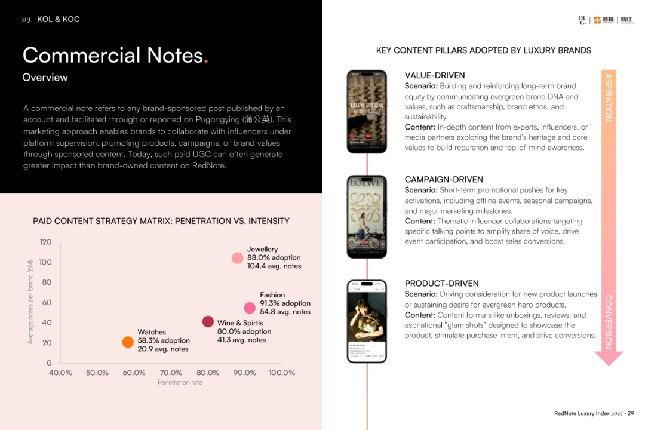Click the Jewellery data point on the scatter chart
[x=238, y=258]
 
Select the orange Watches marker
[x=128, y=342]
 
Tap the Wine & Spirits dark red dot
[x=208, y=322]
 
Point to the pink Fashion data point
[x=250, y=308]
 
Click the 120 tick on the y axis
[x=45, y=242]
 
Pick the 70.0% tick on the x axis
[x=171, y=373]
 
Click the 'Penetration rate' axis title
[x=180, y=382]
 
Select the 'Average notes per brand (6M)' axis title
[x=30, y=302]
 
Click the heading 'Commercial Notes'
[x=113, y=56]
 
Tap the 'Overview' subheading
[x=45, y=78]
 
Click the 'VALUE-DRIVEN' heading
[x=435, y=76]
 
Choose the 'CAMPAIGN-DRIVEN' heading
[x=444, y=179]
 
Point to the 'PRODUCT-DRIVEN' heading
[x=441, y=284]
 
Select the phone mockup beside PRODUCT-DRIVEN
[x=367, y=321]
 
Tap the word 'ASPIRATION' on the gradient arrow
[x=608, y=97]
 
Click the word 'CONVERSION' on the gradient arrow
[x=608, y=322]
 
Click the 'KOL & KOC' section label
[x=58, y=20]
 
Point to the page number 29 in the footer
[x=630, y=413]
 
